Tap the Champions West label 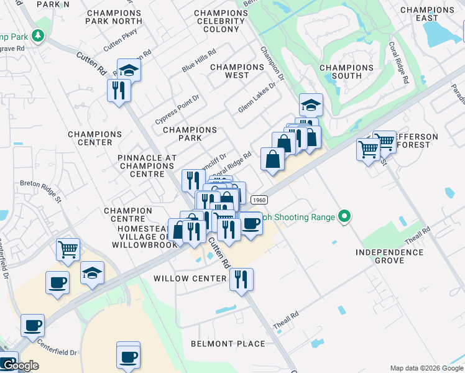click(237, 71)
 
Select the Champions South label click(347, 71)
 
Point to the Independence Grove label click(390, 257)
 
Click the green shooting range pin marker click(343, 217)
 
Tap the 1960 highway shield click(259, 200)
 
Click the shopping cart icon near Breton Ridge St click(68, 249)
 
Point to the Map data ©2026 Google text click(426, 368)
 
